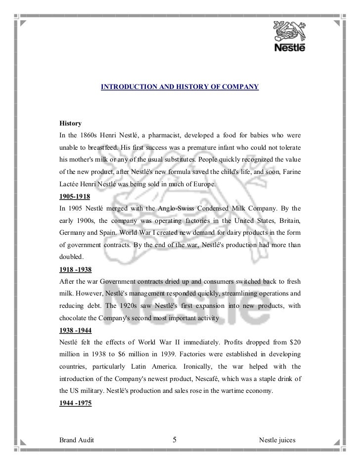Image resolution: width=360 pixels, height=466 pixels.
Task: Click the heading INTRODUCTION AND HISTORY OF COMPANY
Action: [x=180, y=87]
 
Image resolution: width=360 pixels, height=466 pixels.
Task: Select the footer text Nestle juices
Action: [x=279, y=440]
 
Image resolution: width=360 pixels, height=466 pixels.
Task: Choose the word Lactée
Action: [x=71, y=183]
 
